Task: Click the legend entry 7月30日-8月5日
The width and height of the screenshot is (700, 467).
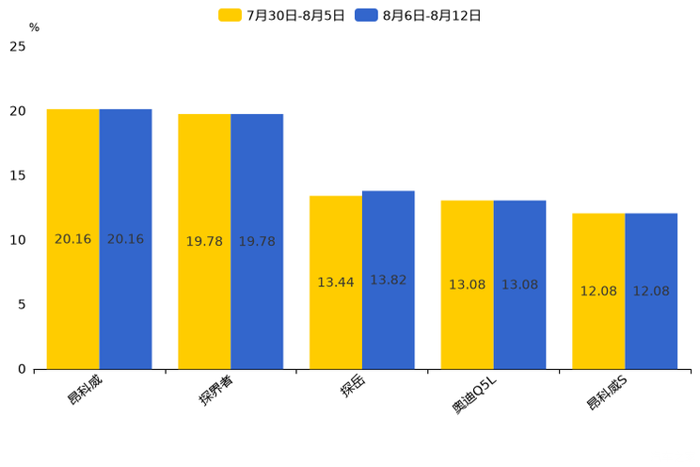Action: [x=282, y=15]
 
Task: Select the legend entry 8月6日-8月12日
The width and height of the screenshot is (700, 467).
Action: [x=419, y=15]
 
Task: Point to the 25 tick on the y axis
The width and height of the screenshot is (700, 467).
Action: [x=18, y=46]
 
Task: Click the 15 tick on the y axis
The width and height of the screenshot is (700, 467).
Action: [x=18, y=175]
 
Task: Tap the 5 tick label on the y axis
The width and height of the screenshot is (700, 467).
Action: [x=22, y=304]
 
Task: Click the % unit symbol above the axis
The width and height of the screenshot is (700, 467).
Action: [x=34, y=27]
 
